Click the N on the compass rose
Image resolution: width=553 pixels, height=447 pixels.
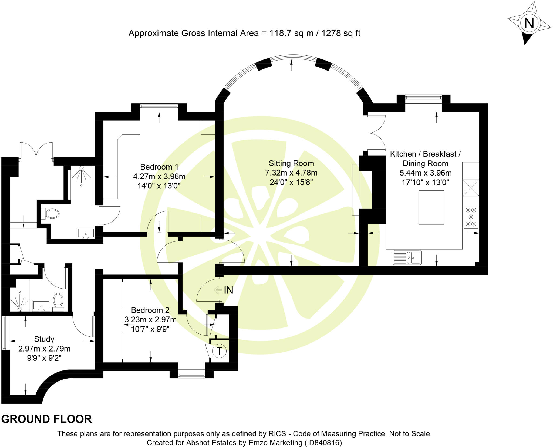tap(529, 23)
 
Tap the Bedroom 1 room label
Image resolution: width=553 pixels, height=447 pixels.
tap(159, 167)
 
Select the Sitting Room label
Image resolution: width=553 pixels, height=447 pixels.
tap(291, 163)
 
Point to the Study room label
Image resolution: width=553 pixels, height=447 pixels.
tap(44, 339)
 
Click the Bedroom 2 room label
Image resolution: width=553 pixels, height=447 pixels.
tap(150, 310)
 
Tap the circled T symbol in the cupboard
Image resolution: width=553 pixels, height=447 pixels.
tap(219, 351)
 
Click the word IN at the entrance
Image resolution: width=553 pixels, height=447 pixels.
tap(228, 290)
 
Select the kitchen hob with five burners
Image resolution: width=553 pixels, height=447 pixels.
tap(471, 217)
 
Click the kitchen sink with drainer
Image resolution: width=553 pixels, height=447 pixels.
tap(407, 257)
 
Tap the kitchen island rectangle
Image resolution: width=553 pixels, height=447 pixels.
tap(431, 207)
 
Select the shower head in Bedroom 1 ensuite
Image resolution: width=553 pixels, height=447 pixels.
tap(81, 168)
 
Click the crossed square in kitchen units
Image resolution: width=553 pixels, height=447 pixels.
tap(471, 187)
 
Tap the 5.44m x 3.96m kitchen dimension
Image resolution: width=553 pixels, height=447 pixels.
tap(426, 173)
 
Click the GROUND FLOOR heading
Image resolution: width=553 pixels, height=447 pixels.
tap(46, 419)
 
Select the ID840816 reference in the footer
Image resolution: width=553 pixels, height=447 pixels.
tap(323, 443)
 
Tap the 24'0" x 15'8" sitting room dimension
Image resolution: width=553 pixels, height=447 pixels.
tap(291, 182)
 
